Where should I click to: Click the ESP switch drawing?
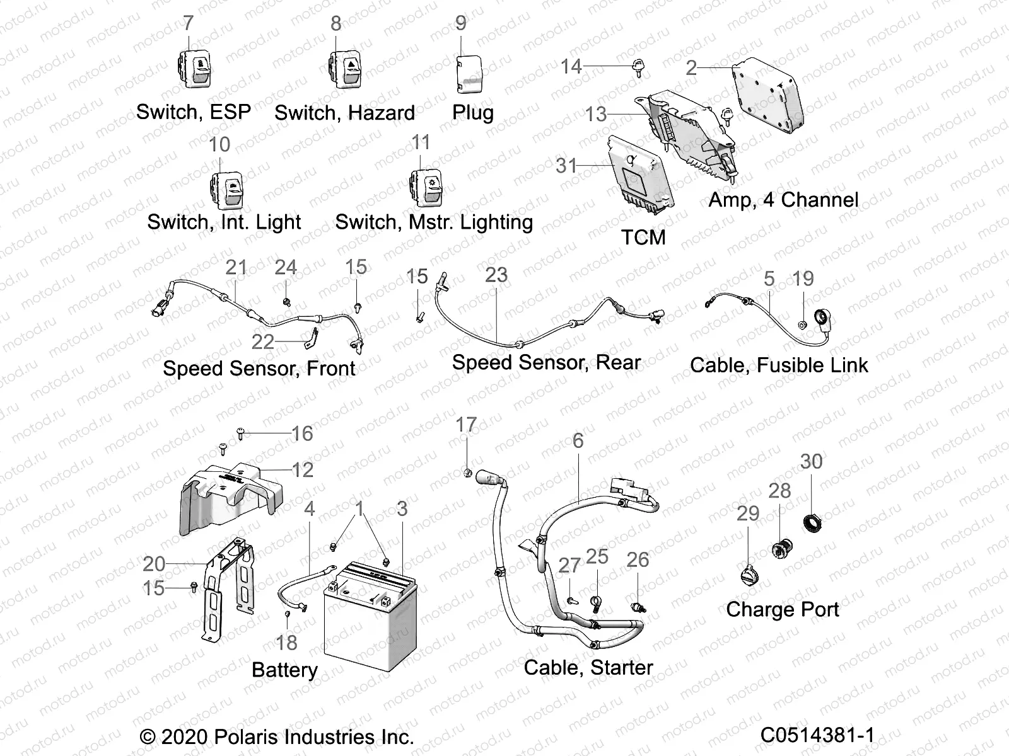(194, 68)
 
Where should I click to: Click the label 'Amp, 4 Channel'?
(783, 200)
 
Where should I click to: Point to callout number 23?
(496, 275)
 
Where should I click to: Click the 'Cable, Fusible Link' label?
(779, 365)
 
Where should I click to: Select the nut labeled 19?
(802, 324)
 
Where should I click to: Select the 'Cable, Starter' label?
(588, 668)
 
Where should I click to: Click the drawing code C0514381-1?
(817, 735)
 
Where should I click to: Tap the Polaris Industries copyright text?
(276, 736)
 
